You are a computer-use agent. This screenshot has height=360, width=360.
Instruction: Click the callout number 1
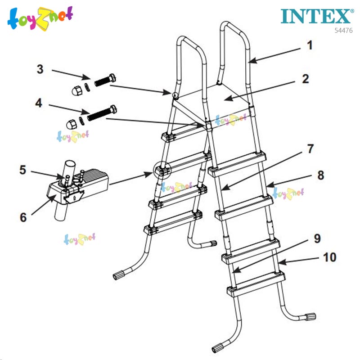[309, 45]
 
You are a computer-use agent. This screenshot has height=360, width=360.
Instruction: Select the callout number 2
[306, 79]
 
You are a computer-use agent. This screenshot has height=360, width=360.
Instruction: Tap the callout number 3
[40, 69]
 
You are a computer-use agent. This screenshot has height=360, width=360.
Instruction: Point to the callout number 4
[39, 103]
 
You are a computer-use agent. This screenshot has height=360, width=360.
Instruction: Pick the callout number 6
[23, 216]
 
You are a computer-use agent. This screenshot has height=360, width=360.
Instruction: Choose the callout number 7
[311, 148]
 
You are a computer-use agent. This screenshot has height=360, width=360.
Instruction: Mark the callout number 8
[320, 175]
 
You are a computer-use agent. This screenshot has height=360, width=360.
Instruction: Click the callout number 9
[317, 238]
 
